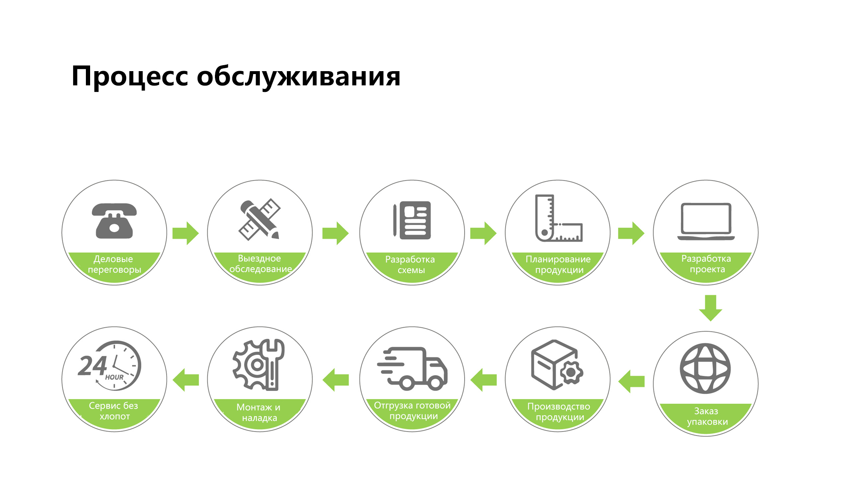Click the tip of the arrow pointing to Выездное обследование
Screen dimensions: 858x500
click(x=199, y=233)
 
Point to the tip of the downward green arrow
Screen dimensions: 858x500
click(x=710, y=321)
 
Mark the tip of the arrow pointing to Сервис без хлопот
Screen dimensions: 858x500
click(x=173, y=380)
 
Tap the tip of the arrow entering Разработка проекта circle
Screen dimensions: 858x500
click(x=644, y=233)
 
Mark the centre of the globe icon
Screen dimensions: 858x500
click(x=705, y=368)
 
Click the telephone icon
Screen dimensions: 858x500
click(x=114, y=221)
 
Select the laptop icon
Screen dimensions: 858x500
click(x=706, y=221)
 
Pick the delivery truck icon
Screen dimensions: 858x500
click(x=412, y=368)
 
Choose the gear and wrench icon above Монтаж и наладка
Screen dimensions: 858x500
click(x=258, y=365)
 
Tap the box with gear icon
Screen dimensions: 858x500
click(x=557, y=365)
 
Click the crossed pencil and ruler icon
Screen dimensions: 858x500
click(x=260, y=219)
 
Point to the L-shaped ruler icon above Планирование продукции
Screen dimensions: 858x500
click(x=558, y=218)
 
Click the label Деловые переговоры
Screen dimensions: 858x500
click(x=114, y=264)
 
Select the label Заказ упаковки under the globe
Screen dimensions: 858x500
click(x=707, y=416)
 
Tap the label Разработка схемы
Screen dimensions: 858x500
click(x=410, y=265)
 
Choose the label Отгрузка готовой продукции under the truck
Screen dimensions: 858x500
click(x=412, y=411)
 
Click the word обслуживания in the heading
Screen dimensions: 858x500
click(x=299, y=77)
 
